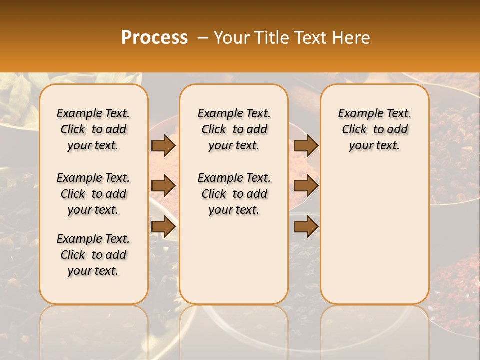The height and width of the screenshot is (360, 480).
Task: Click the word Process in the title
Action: pyautogui.click(x=154, y=38)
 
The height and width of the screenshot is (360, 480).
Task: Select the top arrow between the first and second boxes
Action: pyautogui.click(x=163, y=145)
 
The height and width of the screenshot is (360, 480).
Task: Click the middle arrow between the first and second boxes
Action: pyautogui.click(x=163, y=186)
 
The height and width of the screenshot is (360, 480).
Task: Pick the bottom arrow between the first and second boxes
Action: pyautogui.click(x=163, y=227)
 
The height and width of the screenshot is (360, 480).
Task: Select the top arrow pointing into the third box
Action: pyautogui.click(x=306, y=145)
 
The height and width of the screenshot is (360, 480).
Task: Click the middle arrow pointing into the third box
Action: pyautogui.click(x=306, y=186)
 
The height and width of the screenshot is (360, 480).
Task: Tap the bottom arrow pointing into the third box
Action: pyautogui.click(x=306, y=227)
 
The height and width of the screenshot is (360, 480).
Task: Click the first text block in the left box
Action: pyautogui.click(x=93, y=129)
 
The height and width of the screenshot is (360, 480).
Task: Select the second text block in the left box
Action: pyautogui.click(x=93, y=194)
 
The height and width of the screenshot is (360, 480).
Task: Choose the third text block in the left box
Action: pyautogui.click(x=93, y=255)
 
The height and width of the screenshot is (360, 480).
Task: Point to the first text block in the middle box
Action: pyautogui.click(x=234, y=129)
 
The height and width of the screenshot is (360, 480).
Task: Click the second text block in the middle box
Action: pyautogui.click(x=234, y=194)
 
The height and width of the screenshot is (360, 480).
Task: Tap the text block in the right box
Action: pyautogui.click(x=374, y=129)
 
